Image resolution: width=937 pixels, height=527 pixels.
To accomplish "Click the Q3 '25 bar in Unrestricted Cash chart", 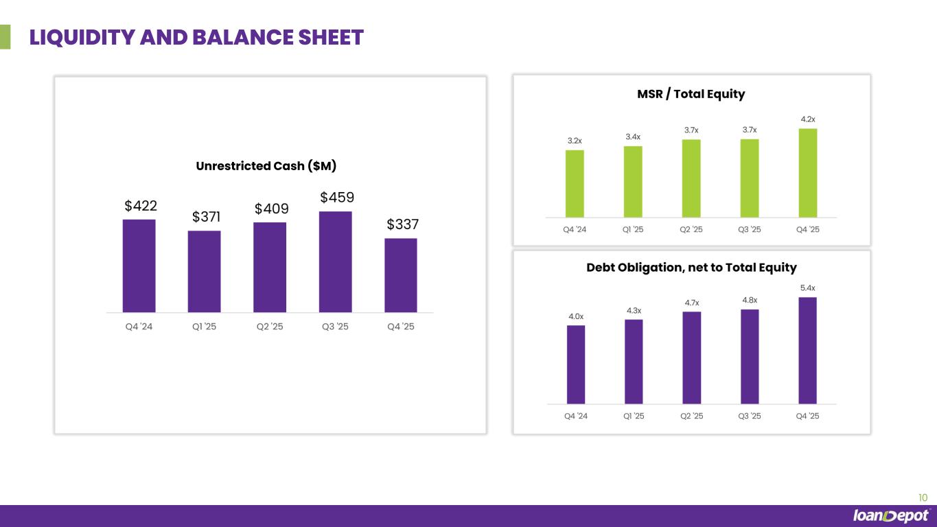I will click(x=336, y=261).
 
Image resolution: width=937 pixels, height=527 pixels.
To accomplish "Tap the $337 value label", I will click(x=403, y=224).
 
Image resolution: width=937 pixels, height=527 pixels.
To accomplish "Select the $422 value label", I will click(x=141, y=206).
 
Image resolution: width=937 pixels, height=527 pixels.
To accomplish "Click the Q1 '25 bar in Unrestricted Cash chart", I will click(x=205, y=271).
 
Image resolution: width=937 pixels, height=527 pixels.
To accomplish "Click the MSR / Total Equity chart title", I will click(x=691, y=94).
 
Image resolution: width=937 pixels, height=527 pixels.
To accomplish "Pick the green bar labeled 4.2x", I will click(x=808, y=172).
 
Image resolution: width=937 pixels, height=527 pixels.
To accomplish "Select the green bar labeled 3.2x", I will click(x=575, y=183).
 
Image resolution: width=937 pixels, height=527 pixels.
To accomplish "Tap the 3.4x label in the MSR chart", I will click(x=633, y=137).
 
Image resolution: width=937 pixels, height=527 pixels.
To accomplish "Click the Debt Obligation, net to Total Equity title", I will click(x=691, y=268).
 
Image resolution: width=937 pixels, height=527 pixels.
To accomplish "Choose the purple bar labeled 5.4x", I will click(x=808, y=350).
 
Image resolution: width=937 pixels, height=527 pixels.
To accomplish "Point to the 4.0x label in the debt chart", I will click(x=576, y=316).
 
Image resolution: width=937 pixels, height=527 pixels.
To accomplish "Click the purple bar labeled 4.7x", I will click(x=692, y=358).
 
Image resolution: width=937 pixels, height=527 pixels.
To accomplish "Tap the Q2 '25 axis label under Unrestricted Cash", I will click(x=269, y=327).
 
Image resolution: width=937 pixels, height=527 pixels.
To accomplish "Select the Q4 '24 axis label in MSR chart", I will click(x=575, y=229).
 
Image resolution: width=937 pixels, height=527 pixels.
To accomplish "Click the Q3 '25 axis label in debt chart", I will click(x=750, y=416).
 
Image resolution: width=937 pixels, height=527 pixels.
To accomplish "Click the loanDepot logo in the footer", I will click(x=890, y=516).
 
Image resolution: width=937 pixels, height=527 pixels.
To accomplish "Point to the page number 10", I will click(x=923, y=497).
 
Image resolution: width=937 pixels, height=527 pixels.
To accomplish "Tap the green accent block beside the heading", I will click(x=5, y=37).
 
